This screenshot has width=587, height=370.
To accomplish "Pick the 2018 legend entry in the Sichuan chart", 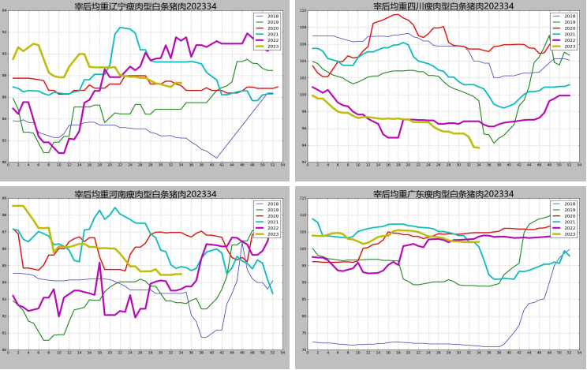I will tap(562, 16).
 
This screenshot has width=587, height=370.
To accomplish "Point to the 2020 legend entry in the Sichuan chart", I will tap(562, 26).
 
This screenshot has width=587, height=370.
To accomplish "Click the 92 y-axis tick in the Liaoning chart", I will tap(6, 10).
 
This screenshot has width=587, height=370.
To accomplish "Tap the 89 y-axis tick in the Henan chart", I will tap(6, 198).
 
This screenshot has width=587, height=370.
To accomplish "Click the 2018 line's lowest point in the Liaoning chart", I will tap(216, 158).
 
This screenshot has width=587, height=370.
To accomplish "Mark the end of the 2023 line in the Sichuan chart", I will tap(478, 148).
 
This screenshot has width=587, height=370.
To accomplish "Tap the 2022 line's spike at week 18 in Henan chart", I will tap(99, 263).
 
